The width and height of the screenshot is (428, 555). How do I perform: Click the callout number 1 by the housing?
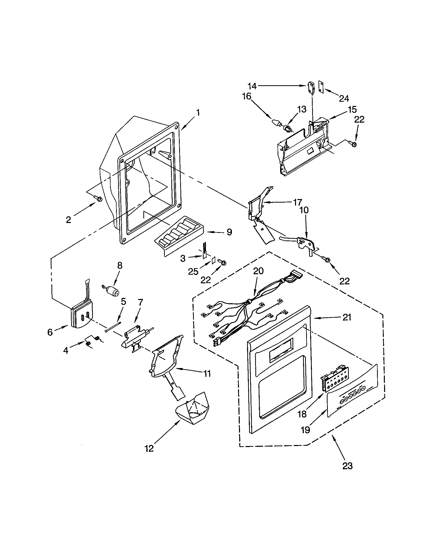point(198,113)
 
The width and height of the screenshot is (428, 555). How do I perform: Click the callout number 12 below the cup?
point(149,449)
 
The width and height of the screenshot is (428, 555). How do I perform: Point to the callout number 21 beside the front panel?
point(347,317)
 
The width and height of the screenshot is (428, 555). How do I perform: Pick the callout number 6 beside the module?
point(50,332)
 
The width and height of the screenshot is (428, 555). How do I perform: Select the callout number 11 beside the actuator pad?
point(207,374)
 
